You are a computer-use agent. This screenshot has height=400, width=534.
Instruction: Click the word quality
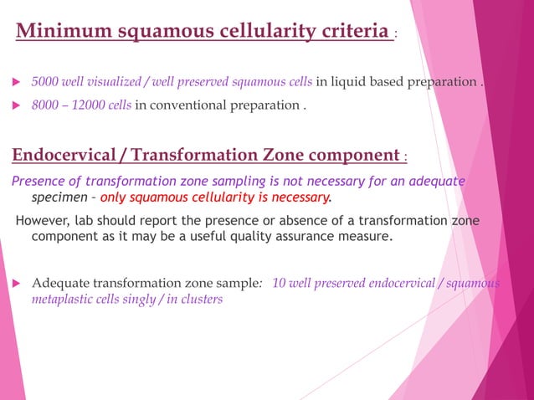coord(255,236)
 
